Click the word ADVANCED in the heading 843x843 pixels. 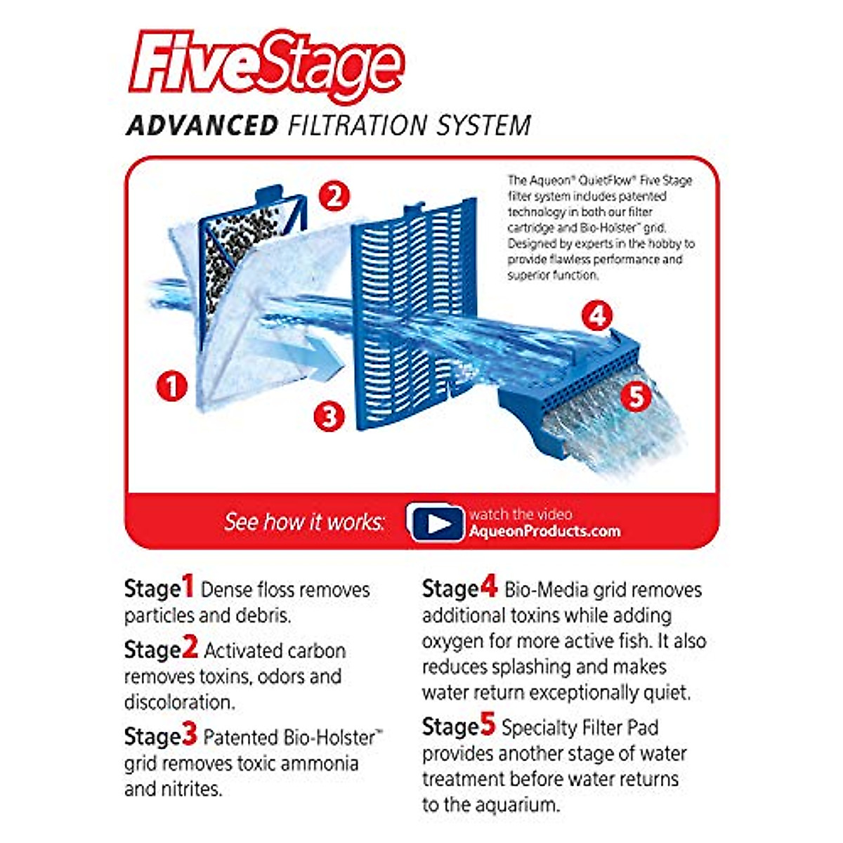tap(202, 126)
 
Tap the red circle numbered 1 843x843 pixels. tap(172, 386)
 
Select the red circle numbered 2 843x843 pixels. tap(334, 196)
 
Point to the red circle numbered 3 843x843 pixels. tap(329, 416)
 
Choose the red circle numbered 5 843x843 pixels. tap(636, 396)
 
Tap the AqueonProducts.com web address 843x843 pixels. tap(544, 532)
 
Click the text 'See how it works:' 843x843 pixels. tap(304, 522)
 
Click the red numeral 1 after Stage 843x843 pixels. tap(188, 587)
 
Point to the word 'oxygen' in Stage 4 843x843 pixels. tap(454, 641)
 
